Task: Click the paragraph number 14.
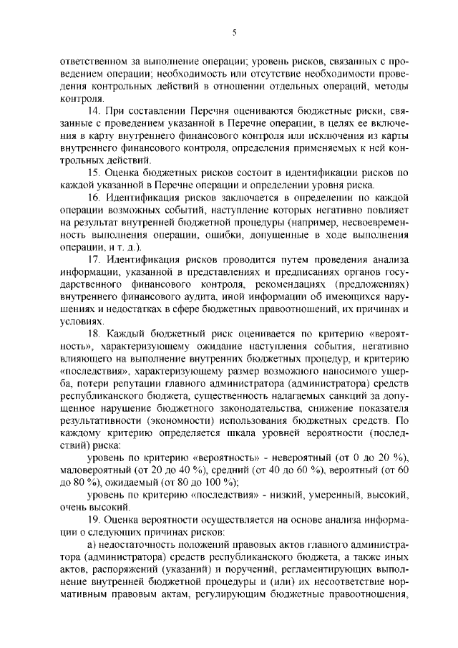tap(93, 112)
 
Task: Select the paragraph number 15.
tap(93, 173)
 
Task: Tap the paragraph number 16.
tap(93, 197)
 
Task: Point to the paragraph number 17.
tap(93, 258)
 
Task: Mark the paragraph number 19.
tap(93, 518)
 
